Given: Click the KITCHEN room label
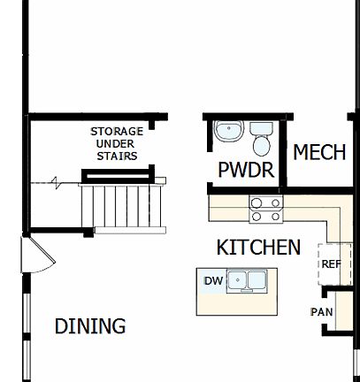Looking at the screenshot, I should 258,248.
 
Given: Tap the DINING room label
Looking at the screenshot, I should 90,325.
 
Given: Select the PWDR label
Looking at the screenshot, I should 246,171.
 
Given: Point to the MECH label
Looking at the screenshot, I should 318,152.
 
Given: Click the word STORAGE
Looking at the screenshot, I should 116,132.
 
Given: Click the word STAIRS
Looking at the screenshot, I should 116,156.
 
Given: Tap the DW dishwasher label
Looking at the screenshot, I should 212,281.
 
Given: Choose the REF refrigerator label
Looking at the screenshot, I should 330,264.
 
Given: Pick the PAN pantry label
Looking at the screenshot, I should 321,311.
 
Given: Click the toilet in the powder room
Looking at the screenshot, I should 262,141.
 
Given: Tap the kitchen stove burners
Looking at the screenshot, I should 265,210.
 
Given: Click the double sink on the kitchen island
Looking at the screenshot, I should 247,281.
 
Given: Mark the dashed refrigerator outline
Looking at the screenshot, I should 329,263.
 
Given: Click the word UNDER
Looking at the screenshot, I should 116,144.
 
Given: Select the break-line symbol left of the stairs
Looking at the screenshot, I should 56,184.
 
